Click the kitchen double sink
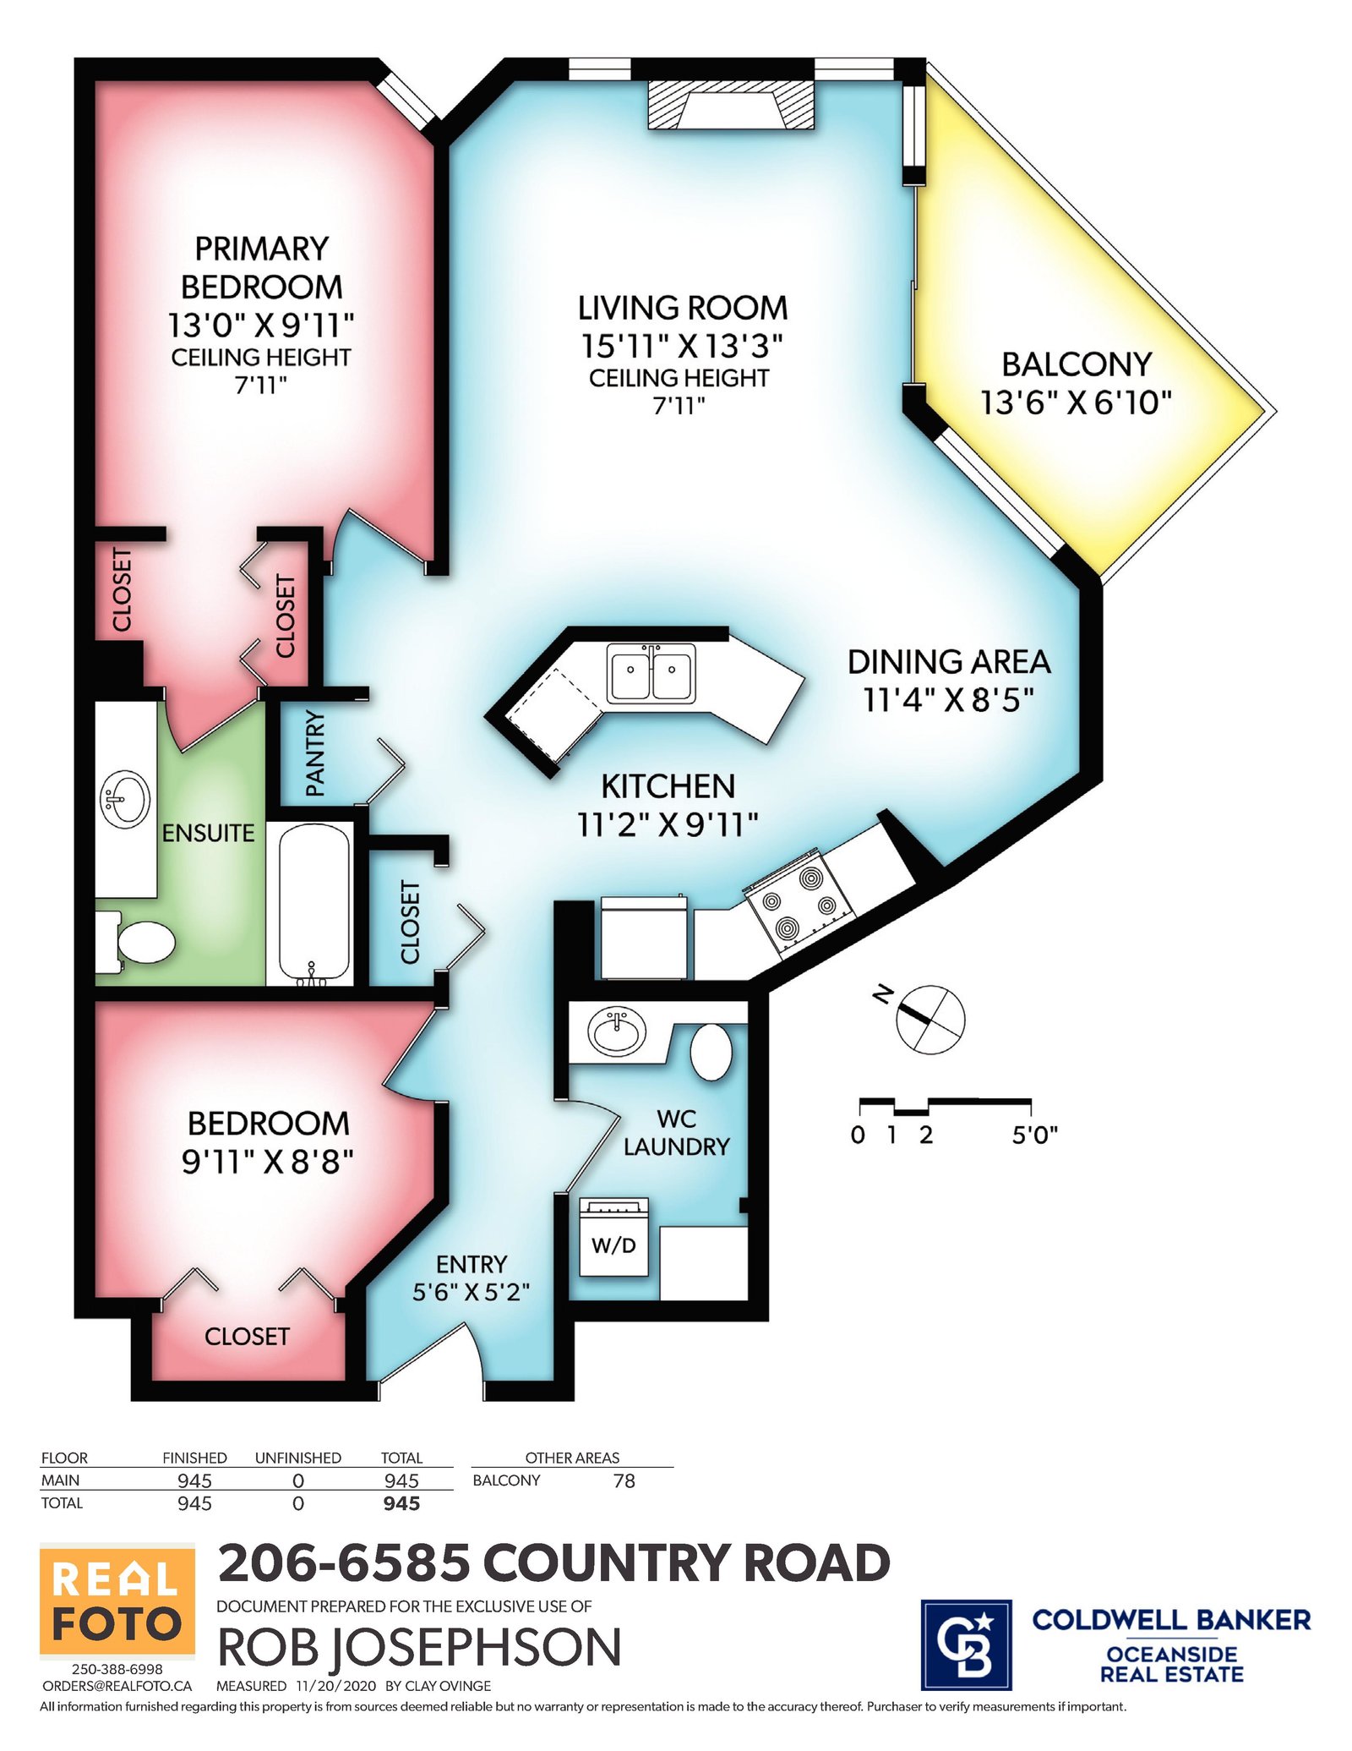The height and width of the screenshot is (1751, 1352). point(651,673)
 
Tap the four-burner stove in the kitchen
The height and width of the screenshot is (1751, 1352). point(799,902)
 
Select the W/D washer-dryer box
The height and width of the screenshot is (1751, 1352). point(613,1237)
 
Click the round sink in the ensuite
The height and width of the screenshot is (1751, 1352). point(125,799)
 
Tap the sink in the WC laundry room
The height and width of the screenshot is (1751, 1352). point(617,1032)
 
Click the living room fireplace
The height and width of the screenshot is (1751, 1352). point(731,105)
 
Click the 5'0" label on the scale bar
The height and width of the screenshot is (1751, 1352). point(1035,1135)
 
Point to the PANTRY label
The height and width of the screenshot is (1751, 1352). point(315,753)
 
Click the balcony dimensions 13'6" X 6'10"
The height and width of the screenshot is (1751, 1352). point(1076,402)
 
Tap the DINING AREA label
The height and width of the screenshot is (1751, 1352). point(949,662)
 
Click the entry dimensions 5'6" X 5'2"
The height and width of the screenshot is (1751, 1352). point(471,1293)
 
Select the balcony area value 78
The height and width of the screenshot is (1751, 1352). point(624,1480)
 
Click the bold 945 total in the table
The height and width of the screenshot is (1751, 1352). point(401,1503)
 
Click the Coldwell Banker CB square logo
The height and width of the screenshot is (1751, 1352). point(966,1644)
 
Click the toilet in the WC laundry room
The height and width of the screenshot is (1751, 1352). point(711,1052)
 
